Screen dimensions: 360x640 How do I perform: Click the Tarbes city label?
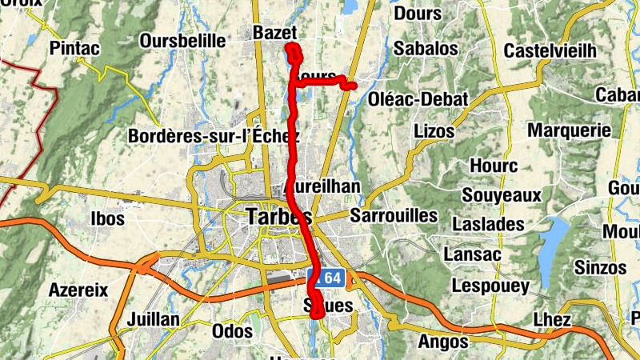pos(278,217)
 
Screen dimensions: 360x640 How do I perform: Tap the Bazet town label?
pos(274,33)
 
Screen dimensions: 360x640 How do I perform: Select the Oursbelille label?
pos(182,41)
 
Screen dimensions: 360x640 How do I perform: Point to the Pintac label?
pos(74,49)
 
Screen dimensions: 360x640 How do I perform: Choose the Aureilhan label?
pos(323,186)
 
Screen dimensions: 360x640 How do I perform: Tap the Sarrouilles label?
pos(394,215)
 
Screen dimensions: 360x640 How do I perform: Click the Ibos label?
pos(108,218)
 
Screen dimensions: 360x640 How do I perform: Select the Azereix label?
pos(78,290)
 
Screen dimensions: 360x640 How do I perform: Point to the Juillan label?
pos(153,319)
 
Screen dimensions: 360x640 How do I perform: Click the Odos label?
pos(232,330)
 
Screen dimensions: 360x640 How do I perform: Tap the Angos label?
pos(442,342)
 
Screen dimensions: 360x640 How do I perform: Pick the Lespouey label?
pos(490,286)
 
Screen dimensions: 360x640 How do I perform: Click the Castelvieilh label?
pos(550,51)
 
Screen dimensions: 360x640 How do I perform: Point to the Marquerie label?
pos(570,130)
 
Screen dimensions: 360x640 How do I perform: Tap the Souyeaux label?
pos(502,194)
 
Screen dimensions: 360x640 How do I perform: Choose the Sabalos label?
pos(426,49)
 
